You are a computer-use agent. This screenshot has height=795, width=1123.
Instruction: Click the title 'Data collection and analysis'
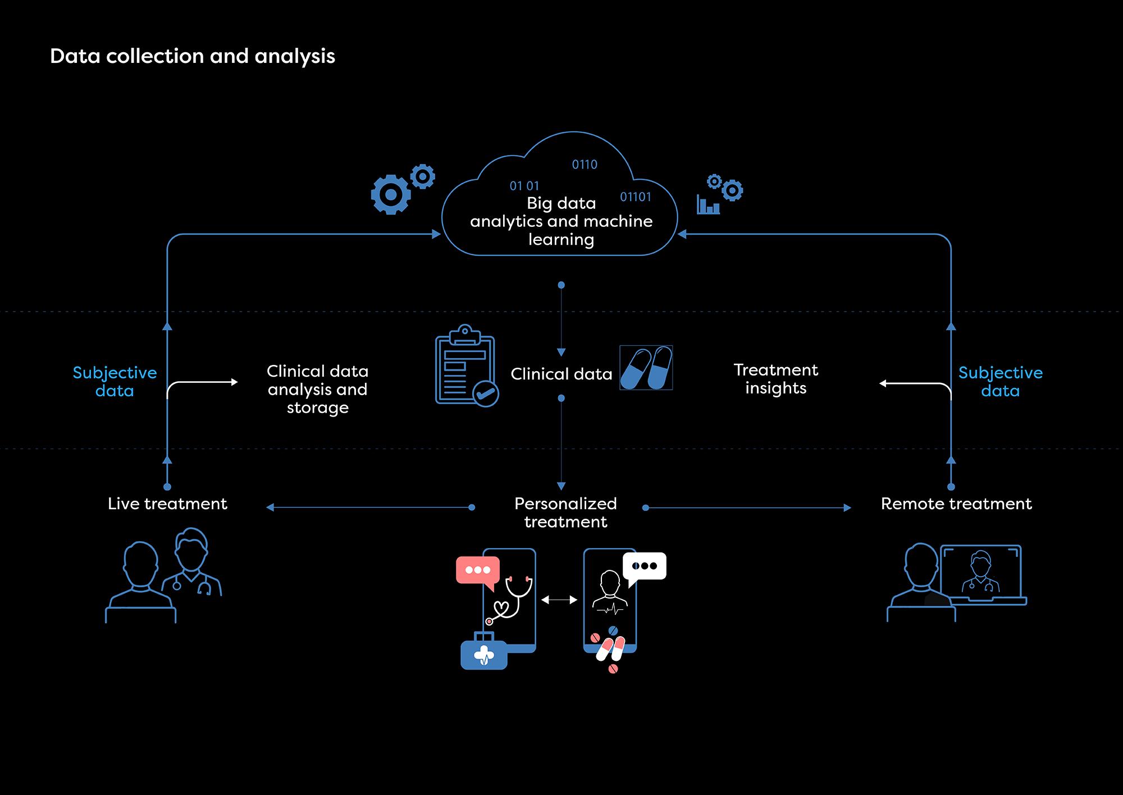193,56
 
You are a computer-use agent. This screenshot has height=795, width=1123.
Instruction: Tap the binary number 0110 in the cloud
585,165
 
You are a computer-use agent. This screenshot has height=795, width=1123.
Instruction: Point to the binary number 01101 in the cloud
636,197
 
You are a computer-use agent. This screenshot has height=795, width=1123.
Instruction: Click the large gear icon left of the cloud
391,194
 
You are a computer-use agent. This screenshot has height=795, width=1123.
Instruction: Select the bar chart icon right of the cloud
708,204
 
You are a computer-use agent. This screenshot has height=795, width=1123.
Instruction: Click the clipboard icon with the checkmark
467,365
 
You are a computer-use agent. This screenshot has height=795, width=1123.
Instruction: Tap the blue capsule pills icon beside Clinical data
646,368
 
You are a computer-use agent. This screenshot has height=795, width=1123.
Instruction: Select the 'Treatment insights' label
775,379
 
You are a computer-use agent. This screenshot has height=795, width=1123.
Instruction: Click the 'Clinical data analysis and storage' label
317,389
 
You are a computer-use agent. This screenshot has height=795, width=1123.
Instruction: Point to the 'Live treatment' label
167,504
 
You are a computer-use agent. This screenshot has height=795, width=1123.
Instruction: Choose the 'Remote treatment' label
956,504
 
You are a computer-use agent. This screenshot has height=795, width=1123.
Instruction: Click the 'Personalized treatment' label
565,513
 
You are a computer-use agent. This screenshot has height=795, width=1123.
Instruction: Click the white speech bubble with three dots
645,568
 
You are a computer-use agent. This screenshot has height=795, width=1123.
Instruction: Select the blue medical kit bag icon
484,651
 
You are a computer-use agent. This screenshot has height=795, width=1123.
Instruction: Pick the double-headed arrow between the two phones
559,600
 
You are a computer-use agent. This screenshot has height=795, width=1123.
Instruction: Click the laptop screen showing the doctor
981,572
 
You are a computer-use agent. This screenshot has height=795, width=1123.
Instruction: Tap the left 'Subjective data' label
115,382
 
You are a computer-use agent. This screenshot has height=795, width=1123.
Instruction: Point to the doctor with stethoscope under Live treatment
191,561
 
